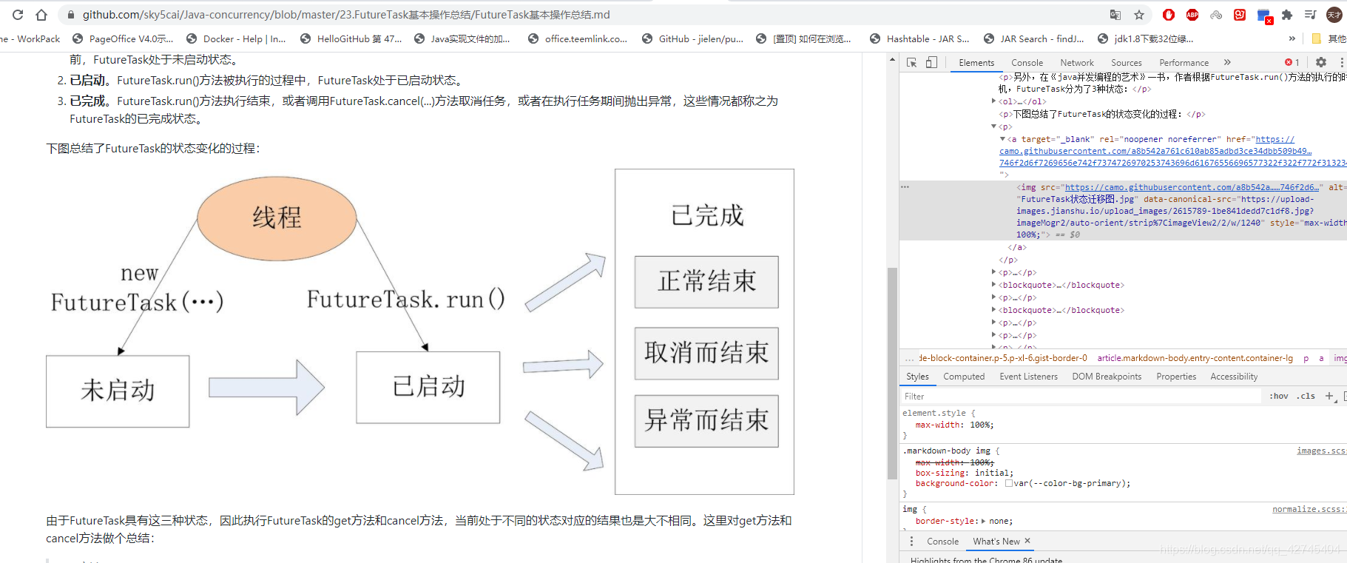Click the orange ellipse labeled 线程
tap(277, 218)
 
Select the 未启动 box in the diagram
tap(118, 391)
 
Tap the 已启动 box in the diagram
tap(428, 387)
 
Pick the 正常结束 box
tap(706, 282)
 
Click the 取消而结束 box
tap(706, 353)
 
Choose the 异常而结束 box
tap(706, 420)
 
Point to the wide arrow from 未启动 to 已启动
tap(266, 387)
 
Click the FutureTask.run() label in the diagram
tap(405, 300)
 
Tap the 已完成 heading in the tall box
tap(706, 216)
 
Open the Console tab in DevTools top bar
tap(1027, 63)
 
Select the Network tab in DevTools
tap(1076, 63)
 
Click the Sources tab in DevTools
tap(1126, 63)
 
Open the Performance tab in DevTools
tap(1184, 63)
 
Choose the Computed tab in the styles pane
tap(964, 377)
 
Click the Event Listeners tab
tap(1028, 377)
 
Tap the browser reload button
tap(18, 15)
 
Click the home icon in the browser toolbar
tap(41, 15)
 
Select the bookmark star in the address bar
tap(1139, 15)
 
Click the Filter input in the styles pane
tap(1080, 397)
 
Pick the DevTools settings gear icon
tap(1321, 63)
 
